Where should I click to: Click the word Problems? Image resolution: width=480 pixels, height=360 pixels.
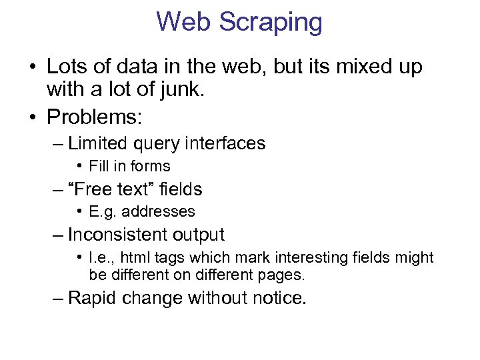pos(94,117)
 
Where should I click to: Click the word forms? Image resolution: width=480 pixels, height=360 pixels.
pos(150,166)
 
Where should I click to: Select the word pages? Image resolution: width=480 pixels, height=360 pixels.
pos(283,275)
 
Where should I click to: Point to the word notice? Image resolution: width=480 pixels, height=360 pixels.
pos(281,298)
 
